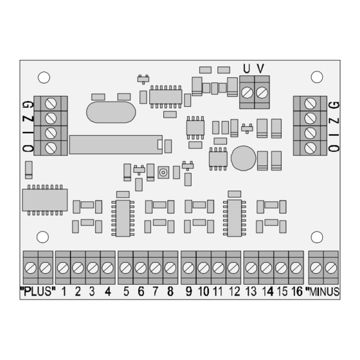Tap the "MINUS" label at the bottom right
pos(325,291)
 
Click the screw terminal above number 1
pos(63,267)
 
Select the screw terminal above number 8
pos(170,267)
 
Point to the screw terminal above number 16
pos(296,267)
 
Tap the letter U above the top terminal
pos(246,68)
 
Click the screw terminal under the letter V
pos(261,93)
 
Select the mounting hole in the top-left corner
pos(44,77)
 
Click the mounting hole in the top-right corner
pos(316,77)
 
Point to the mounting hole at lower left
pos(42,237)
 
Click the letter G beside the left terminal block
pos(26,104)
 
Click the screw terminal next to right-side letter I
pos(309,133)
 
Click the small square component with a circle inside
pos(163,172)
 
